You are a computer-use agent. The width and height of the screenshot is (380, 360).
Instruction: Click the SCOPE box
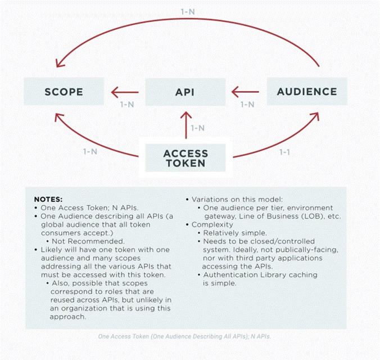(64, 92)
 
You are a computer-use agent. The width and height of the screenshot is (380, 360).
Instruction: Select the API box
(186, 92)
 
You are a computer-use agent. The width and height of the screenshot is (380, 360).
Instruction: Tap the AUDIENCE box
(306, 92)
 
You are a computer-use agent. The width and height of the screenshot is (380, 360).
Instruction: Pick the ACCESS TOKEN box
(186, 158)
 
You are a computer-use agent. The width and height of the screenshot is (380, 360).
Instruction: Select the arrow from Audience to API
(246, 92)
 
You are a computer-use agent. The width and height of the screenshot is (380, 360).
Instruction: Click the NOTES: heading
(49, 199)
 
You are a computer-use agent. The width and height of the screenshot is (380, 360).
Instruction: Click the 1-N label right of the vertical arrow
(197, 128)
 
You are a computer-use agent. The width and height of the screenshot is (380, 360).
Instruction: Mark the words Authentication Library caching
(260, 274)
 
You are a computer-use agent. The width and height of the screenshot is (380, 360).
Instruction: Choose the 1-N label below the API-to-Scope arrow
(126, 104)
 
